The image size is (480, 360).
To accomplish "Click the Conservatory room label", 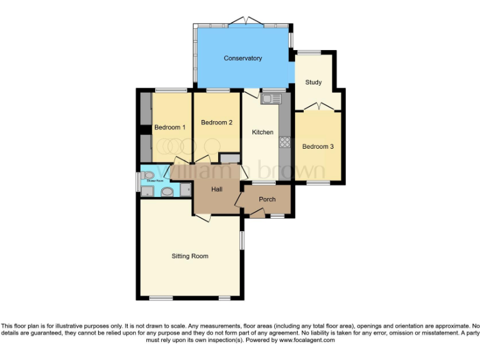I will [242, 58].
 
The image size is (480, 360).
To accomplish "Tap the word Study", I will [313, 82].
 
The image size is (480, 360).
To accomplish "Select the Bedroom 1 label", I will [169, 127].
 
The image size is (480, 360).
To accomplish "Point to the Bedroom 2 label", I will [217, 122].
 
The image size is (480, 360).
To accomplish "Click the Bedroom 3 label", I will [317, 146].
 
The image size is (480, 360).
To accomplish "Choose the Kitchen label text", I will [262, 132].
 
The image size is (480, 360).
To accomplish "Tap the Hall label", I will [216, 189].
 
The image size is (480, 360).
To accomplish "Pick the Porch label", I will [267, 199].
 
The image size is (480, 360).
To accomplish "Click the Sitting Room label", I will [190, 256].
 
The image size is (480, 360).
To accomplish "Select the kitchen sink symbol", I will [272, 98].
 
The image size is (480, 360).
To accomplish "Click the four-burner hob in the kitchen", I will [285, 142].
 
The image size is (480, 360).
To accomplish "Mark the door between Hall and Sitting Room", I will [202, 216].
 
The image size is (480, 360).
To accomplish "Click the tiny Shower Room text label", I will [155, 181].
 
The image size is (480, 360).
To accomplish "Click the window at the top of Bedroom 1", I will [171, 91].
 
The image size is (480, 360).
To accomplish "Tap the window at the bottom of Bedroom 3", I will [317, 182].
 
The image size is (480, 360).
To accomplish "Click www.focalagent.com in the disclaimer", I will [307, 341].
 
